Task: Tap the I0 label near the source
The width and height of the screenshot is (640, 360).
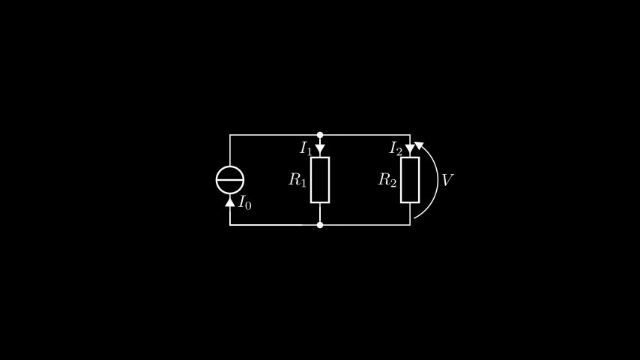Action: click(245, 202)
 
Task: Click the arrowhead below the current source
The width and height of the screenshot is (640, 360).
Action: click(230, 202)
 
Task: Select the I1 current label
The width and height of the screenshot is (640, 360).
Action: click(306, 148)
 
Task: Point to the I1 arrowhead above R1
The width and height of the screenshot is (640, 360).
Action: click(320, 148)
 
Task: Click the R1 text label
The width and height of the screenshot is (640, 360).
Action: click(297, 180)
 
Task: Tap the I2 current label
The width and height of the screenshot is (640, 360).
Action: click(396, 148)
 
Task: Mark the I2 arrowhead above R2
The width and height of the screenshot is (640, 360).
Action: click(410, 148)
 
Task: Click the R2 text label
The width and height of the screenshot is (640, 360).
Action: click(387, 180)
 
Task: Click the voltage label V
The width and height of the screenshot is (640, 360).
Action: click(447, 180)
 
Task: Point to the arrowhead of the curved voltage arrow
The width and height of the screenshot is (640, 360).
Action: click(419, 145)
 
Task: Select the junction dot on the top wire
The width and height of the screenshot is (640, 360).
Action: click(320, 135)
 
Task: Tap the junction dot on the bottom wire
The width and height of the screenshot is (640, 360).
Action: click(320, 225)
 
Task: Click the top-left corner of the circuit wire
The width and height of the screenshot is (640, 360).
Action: click(230, 135)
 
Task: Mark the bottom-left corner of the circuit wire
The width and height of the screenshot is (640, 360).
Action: click(230, 225)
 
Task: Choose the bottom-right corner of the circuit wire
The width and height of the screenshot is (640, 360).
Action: click(410, 225)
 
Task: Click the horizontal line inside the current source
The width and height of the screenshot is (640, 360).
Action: click(230, 180)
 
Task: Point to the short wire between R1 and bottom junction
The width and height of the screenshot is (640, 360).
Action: click(320, 212)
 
